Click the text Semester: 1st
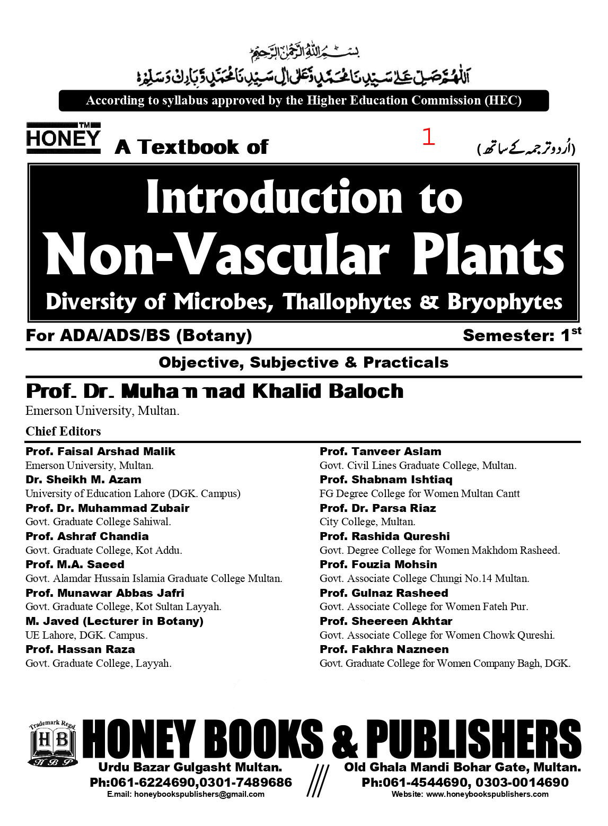[x=522, y=335]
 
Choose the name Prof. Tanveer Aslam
[x=380, y=451]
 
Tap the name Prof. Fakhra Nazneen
[x=384, y=649]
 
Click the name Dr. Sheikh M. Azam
[x=83, y=480]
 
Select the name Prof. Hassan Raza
[x=80, y=649]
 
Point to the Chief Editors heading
[x=63, y=431]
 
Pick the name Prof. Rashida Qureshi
[x=384, y=536]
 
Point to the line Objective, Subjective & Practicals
[x=303, y=363]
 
